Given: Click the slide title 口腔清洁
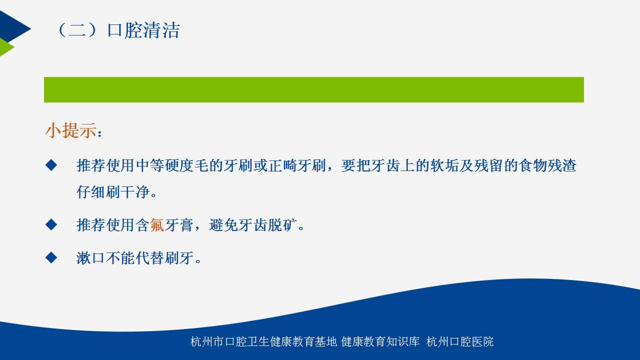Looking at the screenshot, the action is pos(143,30).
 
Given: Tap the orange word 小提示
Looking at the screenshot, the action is pos(71,130).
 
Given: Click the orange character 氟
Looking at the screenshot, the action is pos(157,225).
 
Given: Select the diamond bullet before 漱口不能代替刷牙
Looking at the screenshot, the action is pos(51,257).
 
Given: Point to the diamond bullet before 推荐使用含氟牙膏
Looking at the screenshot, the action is pos(51,224).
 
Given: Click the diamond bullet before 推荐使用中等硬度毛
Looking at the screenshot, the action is pos(51,165).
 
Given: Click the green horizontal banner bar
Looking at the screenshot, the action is pos(313,89).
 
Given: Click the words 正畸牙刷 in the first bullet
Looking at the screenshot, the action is pos(297,165).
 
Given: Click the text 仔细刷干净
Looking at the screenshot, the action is pos(113,191).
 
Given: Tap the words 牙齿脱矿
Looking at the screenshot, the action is pos(253,225).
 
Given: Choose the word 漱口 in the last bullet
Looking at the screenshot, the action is pos(90,258).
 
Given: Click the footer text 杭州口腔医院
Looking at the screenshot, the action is pos(460,341).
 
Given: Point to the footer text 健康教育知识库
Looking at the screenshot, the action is pos(380,341).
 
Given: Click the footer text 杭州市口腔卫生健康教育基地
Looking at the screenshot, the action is pos(263,341).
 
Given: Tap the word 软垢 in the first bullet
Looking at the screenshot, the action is pos(444,165).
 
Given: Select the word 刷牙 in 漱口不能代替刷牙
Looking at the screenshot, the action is pos(179,258).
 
